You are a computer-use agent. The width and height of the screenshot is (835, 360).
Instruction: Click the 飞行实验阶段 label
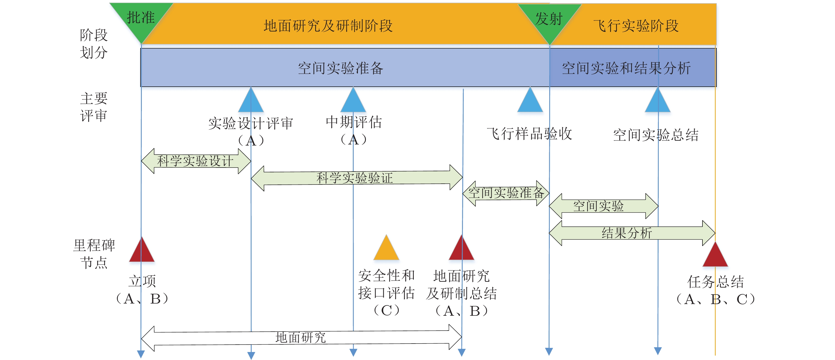(x=636, y=26)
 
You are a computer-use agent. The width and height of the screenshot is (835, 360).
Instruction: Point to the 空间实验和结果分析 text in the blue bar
(x=626, y=68)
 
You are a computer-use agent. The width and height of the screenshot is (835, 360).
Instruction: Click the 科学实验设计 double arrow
(x=196, y=161)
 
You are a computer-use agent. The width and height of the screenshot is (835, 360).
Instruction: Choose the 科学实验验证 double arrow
(x=357, y=178)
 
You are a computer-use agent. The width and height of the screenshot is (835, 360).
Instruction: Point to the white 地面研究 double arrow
(x=301, y=338)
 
